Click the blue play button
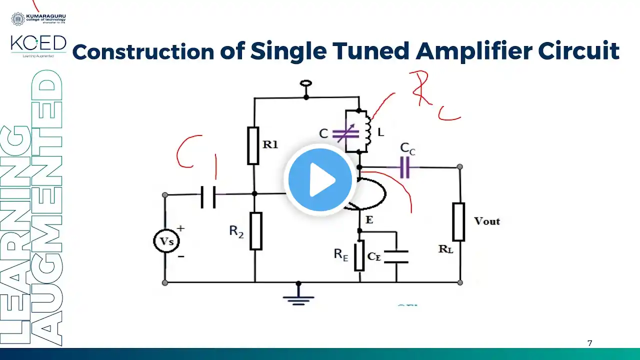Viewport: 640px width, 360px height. point(320,179)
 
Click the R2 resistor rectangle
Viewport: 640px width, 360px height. point(255,231)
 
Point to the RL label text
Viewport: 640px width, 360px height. point(446,249)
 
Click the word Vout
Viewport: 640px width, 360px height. point(486,221)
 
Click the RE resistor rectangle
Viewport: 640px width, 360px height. point(359,256)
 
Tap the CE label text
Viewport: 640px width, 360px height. point(374,256)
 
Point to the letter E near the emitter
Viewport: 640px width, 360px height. point(369,219)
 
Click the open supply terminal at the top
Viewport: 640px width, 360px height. point(305,84)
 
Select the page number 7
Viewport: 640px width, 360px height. point(590,343)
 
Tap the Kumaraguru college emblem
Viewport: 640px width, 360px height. point(17,19)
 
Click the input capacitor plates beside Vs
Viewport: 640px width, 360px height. point(208,197)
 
